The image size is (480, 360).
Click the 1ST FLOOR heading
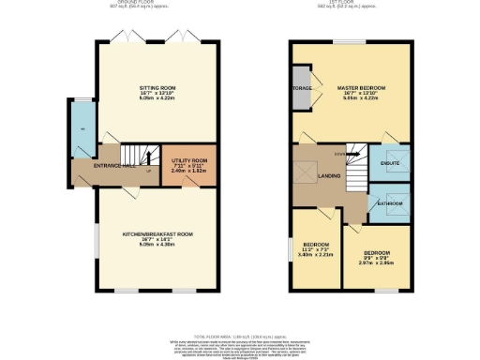coord(352,4)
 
